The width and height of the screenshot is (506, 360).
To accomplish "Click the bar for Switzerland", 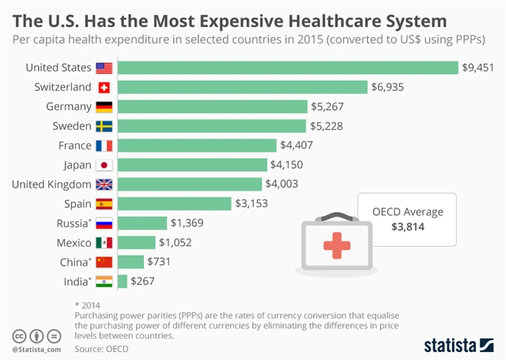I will pyautogui.click(x=243, y=87).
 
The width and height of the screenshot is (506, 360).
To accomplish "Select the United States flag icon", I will pyautogui.click(x=104, y=68).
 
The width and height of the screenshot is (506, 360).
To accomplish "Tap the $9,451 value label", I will pyautogui.click(x=478, y=68).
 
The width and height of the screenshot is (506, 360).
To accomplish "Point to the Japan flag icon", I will pyautogui.click(x=104, y=165).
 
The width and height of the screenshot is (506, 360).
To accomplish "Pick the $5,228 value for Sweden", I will pyautogui.click(x=327, y=126).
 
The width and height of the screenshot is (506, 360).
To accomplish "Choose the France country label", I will pyautogui.click(x=75, y=145).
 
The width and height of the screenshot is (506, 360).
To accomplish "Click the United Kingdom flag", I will pyautogui.click(x=104, y=184).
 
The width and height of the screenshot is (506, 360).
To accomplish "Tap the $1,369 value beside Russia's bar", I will pyautogui.click(x=188, y=223).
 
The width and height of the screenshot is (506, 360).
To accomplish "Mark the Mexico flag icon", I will pyautogui.click(x=104, y=242).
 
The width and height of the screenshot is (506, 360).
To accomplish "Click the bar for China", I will pyautogui.click(x=130, y=261).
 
